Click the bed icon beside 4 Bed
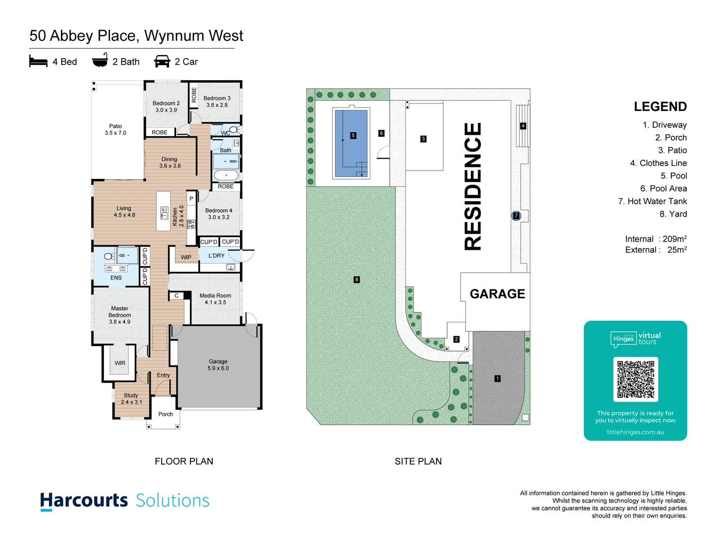click(38, 61)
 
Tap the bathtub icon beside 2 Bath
click(100, 60)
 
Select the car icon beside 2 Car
click(162, 61)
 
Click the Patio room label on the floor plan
click(115, 130)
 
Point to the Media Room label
click(215, 299)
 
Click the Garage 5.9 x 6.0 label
click(218, 365)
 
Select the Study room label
click(131, 399)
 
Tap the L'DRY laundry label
click(216, 256)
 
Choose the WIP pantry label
click(186, 258)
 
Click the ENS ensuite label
click(116, 278)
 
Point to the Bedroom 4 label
click(219, 214)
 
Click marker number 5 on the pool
click(353, 135)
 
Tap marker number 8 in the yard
click(357, 279)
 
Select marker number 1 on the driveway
click(497, 379)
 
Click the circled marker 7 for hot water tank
click(516, 216)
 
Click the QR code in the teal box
click(635, 379)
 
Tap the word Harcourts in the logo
click(84, 500)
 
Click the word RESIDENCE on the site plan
click(473, 186)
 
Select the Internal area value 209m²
click(674, 239)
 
